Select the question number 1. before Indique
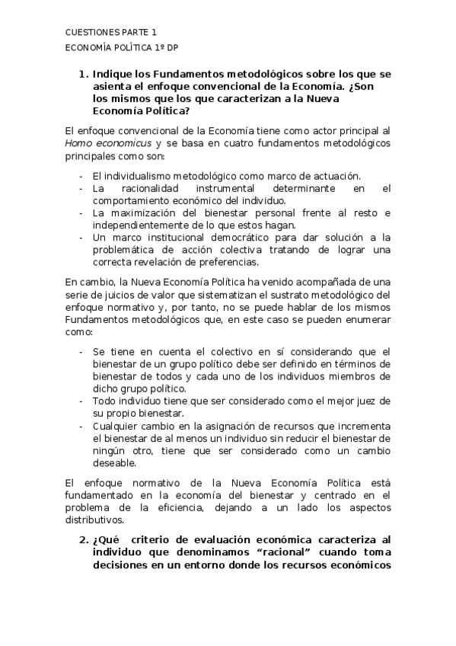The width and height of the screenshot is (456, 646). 83,75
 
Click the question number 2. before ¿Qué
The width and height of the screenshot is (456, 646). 83,539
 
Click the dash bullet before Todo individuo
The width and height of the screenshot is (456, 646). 81,401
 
